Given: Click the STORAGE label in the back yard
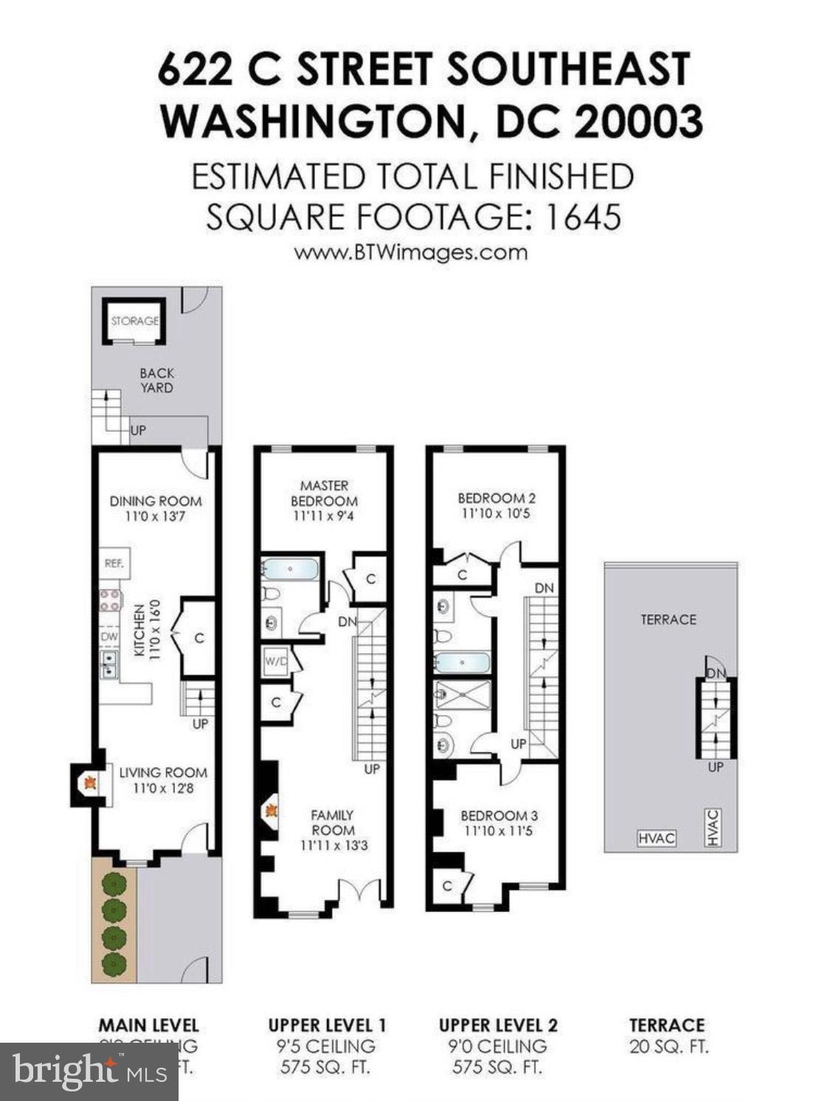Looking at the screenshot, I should (x=134, y=321).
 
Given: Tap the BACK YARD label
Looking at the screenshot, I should (x=156, y=380).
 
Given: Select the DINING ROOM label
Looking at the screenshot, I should (x=156, y=501).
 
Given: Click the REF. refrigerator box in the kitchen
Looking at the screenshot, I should (x=114, y=563).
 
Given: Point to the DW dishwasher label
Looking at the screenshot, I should (x=108, y=636).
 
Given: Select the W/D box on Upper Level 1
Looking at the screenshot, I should (x=276, y=661).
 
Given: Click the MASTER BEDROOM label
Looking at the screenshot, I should (x=325, y=492).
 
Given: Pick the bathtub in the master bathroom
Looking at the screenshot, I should (x=289, y=569).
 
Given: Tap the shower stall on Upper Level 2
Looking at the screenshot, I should (x=463, y=695).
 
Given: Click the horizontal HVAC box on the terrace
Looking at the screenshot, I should (x=656, y=839).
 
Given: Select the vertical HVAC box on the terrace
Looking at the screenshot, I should (x=712, y=828).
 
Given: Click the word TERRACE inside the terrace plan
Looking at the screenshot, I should (x=668, y=620).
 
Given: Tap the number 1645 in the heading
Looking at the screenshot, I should (x=582, y=217).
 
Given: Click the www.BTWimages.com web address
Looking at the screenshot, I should (x=410, y=252).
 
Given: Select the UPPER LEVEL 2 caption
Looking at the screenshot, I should (x=498, y=1025).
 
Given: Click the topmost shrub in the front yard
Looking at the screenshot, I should (x=113, y=883).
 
